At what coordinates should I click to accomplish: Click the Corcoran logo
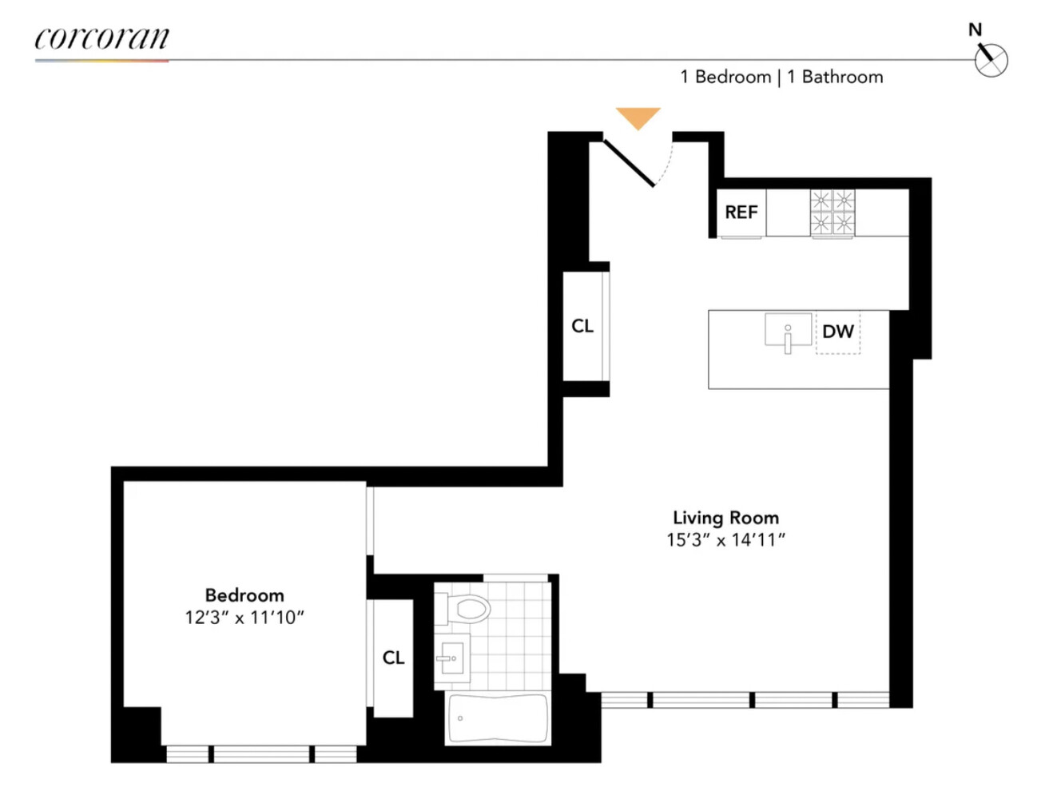coord(101,38)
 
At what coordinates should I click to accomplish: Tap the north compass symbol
coord(991,61)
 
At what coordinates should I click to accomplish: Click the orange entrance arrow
coord(638,117)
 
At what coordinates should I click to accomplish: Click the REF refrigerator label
coord(741,213)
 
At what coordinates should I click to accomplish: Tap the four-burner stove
coord(832,213)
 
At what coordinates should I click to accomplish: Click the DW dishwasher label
coord(838,332)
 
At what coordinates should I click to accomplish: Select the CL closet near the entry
coord(582,326)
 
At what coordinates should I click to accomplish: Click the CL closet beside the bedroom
coord(393,658)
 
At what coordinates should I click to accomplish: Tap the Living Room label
coord(725,518)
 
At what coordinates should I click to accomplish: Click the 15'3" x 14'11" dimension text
coord(725,540)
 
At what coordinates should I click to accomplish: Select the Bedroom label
coord(244,595)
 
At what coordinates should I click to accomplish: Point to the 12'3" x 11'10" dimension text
coord(244,618)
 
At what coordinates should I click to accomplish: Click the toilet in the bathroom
coord(465,610)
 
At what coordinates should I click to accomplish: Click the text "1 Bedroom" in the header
coord(725,77)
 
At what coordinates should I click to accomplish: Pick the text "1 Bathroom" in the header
coord(835,77)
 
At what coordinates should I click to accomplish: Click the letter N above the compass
coord(975,30)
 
